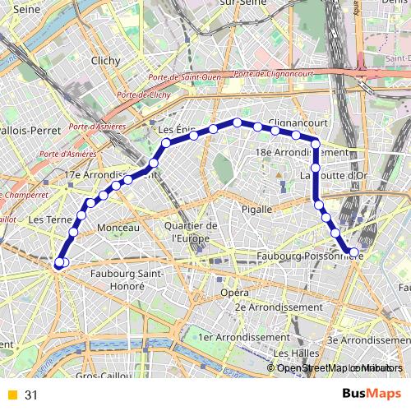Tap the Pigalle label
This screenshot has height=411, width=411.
click(256, 210)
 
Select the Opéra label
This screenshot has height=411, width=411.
click(234, 292)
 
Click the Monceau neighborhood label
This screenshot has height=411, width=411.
click(118, 227)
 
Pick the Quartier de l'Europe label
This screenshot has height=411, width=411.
click(190, 232)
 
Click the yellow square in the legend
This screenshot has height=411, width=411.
click(12, 395)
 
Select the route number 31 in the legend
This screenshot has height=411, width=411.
click(31, 395)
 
